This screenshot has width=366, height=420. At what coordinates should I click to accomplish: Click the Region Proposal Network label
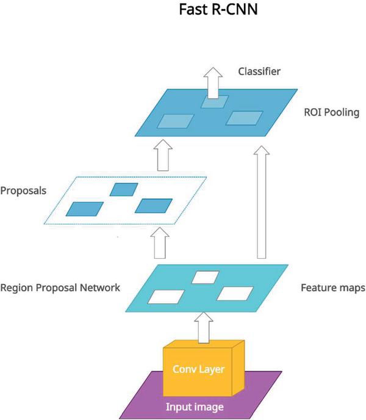click(x=60, y=287)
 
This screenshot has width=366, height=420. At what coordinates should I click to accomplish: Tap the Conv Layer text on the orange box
click(x=199, y=369)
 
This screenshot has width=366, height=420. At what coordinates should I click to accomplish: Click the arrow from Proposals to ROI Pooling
click(x=162, y=156)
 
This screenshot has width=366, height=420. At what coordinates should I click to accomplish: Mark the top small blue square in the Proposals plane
click(x=124, y=189)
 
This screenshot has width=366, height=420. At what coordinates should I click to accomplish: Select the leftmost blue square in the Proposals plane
click(x=84, y=209)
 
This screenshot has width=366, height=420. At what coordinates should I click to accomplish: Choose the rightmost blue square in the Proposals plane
click(x=153, y=206)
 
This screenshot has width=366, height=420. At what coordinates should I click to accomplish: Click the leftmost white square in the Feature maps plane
click(x=167, y=297)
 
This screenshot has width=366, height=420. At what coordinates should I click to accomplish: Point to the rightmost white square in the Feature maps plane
click(x=235, y=293)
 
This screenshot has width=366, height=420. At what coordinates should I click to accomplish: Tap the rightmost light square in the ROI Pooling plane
click(x=244, y=118)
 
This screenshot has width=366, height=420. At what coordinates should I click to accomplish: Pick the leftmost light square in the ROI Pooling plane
click(x=175, y=121)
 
